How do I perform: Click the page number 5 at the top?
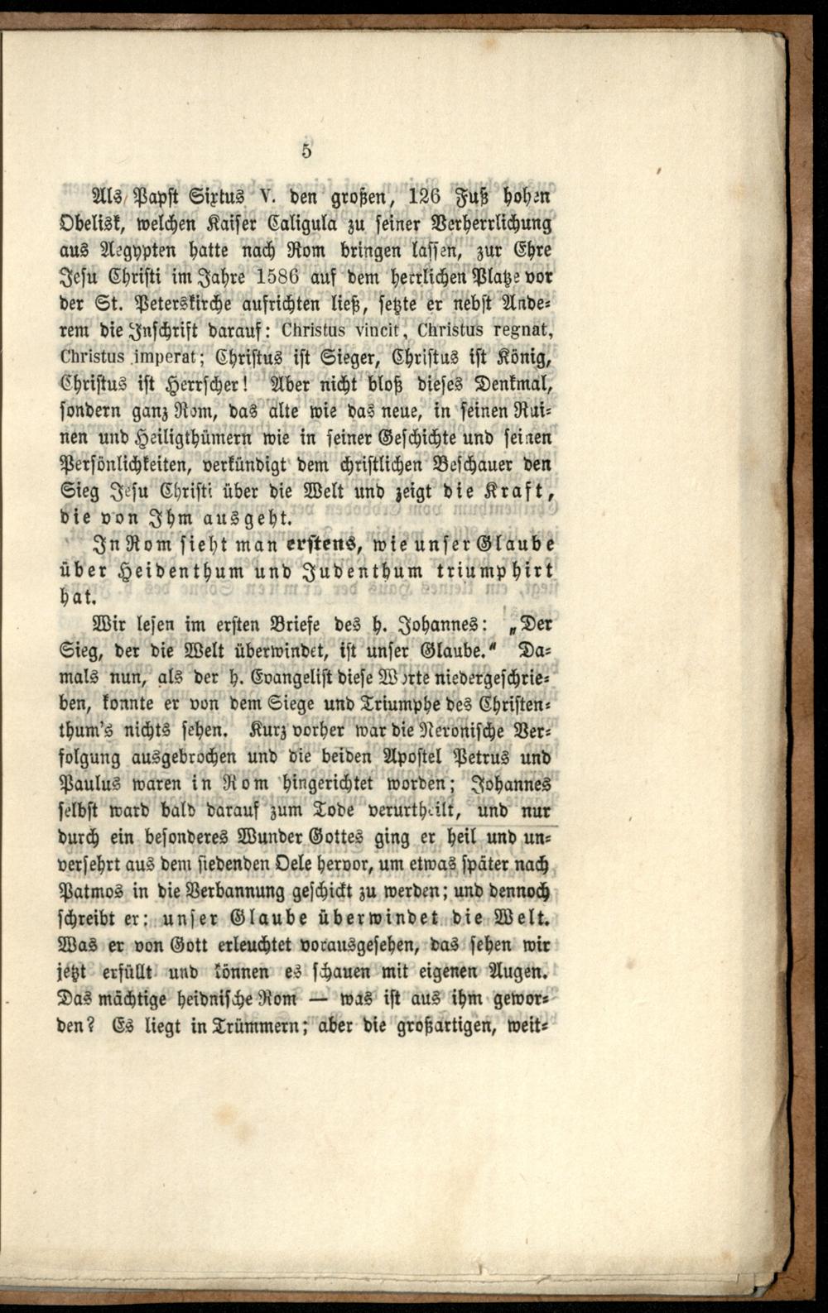(306, 151)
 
